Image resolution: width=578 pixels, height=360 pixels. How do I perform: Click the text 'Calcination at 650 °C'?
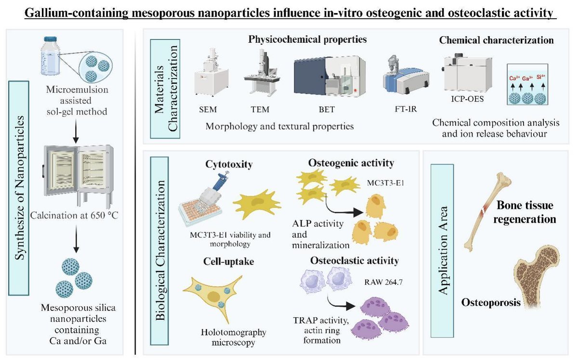(x=77, y=215)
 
